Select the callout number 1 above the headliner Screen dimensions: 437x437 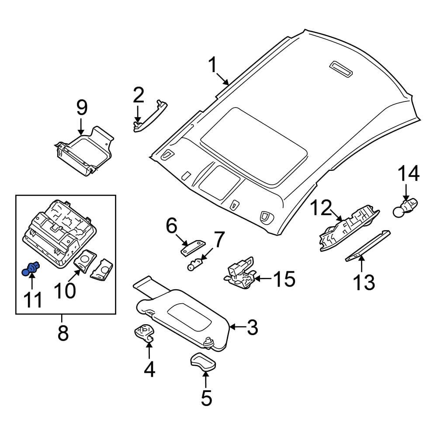tap(212, 66)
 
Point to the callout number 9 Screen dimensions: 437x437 tap(82, 108)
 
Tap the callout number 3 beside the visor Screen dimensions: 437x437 tap(253, 327)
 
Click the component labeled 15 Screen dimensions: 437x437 tap(239, 274)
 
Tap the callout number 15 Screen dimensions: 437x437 tap(284, 279)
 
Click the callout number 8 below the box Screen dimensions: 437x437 tap(63, 333)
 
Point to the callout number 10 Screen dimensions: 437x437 tap(65, 290)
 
